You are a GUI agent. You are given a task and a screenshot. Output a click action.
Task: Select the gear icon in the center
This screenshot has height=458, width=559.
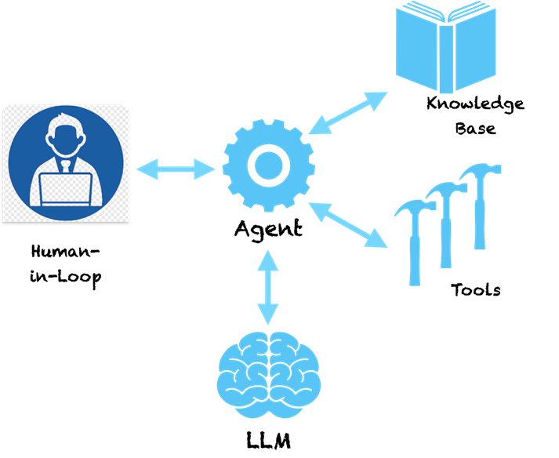[268, 165]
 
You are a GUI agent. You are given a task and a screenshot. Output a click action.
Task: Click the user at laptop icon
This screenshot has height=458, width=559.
[66, 163]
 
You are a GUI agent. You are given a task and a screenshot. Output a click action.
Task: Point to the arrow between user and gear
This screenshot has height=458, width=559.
[176, 168]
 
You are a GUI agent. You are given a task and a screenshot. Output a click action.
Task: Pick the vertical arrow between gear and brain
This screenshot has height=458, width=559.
[268, 287]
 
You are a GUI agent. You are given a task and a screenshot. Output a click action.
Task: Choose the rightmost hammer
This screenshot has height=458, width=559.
[480, 204]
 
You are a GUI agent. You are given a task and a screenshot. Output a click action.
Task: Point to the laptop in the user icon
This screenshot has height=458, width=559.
[66, 188]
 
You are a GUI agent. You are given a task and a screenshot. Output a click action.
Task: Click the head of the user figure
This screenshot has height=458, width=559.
[66, 136]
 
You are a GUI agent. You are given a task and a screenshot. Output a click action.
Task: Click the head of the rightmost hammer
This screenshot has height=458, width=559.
[477, 171]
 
